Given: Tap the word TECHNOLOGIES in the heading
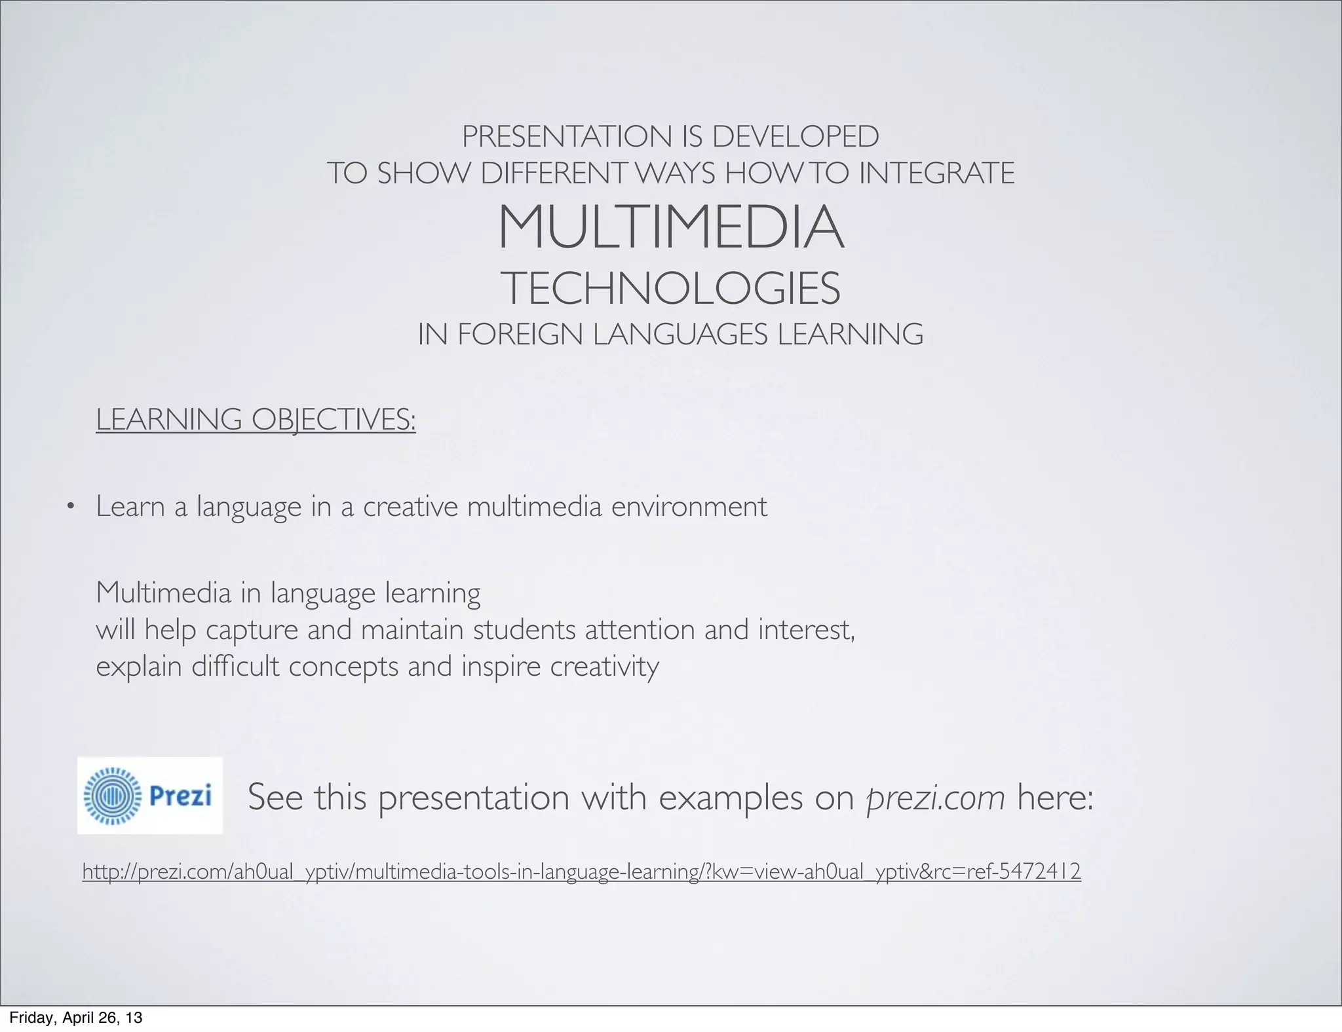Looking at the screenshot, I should [670, 289].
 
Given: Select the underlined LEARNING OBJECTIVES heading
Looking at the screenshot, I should [256, 419].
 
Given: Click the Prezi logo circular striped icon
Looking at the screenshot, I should [113, 796].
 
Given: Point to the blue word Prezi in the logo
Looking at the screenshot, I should [180, 796].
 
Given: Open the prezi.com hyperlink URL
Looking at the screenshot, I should [581, 872].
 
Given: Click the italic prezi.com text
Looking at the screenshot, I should [935, 798].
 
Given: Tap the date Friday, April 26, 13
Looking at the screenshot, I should [75, 1018].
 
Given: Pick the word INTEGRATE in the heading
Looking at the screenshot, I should [936, 174].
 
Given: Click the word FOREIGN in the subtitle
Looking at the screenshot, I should [522, 335].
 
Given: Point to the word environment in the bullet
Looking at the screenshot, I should [689, 506].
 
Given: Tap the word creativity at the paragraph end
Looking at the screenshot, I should [604, 667].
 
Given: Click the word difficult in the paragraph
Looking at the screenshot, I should [235, 667].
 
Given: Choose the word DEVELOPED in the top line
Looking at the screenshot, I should [796, 137].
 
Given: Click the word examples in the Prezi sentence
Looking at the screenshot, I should [731, 798].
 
